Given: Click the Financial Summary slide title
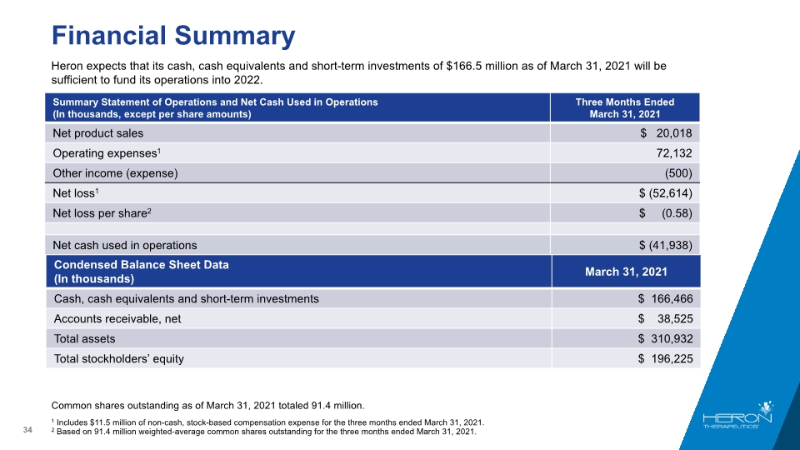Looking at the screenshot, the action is (x=173, y=36).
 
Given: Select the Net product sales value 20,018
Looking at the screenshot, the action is (x=674, y=133).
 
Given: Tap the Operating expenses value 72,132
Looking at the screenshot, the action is (x=674, y=153).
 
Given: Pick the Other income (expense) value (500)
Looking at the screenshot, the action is (x=678, y=173).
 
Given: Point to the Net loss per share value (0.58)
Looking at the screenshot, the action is (x=677, y=213).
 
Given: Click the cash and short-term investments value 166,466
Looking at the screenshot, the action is (x=672, y=299).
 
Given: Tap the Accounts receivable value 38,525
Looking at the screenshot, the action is (x=675, y=319).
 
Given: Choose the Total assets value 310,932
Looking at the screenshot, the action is (x=672, y=339).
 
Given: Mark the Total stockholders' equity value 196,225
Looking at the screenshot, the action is (x=672, y=358).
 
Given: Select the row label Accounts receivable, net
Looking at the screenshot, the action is (x=117, y=319).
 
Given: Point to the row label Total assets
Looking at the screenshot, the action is (x=85, y=339).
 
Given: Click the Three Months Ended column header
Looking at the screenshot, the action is (x=625, y=107).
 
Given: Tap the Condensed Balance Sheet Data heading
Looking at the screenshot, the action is (x=142, y=272).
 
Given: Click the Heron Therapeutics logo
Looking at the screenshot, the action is (x=737, y=415).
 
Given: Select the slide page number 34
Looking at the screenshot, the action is (x=27, y=430).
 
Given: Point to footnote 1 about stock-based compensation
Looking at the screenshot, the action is (x=267, y=422).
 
